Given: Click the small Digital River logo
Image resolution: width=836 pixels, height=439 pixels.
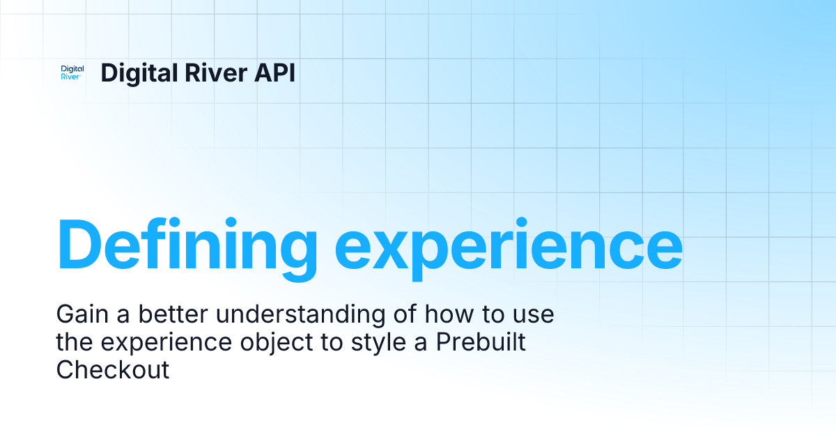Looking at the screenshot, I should (x=72, y=72).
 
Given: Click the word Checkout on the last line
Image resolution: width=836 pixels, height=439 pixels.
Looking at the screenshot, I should (x=113, y=369).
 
